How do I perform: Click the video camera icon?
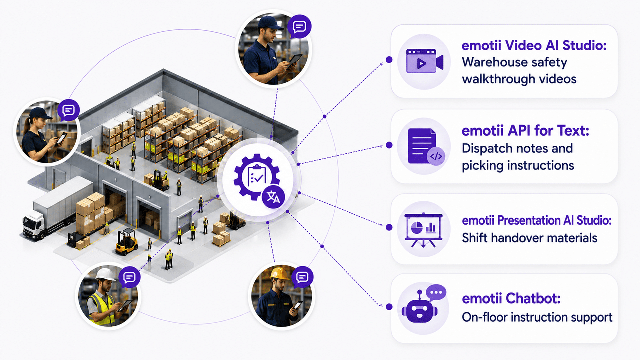pos(425,61)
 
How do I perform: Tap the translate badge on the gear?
pos(273,197)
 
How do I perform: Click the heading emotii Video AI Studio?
pos(534,45)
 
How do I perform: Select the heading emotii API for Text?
pos(525,131)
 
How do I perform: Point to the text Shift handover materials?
pos(529,238)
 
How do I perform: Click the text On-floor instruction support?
pos(537,317)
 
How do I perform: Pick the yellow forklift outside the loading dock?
pos(127,242)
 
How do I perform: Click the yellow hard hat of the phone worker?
pos(279,273)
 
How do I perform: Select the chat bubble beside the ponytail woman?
pos(69,110)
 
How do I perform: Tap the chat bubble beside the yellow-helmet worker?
pos(302,277)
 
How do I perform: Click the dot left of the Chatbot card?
pos(389,307)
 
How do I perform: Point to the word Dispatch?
pos(487,148)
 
